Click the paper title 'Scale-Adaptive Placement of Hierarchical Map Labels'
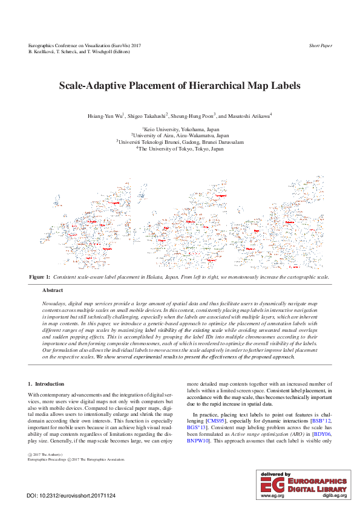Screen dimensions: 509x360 click(x=180, y=86)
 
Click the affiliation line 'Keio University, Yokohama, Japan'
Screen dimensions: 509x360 click(x=180, y=129)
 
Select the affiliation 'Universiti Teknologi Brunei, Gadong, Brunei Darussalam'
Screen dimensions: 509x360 click(x=180, y=142)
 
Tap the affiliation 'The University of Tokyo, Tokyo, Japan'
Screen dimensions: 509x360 click(x=180, y=148)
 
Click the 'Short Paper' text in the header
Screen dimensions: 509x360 click(x=320, y=45)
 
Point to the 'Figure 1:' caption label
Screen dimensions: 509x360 click(x=40, y=276)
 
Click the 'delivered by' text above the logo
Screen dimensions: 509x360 click(x=275, y=475)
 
